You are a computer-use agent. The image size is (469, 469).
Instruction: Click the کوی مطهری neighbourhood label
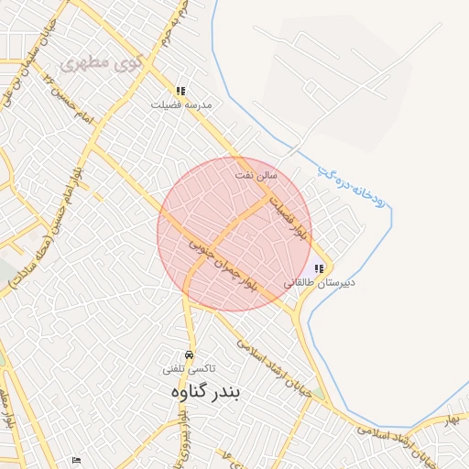pos(97,65)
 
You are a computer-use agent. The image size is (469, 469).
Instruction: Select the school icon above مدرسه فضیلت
pos(180,92)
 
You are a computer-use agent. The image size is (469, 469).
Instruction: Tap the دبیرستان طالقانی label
pos(319,283)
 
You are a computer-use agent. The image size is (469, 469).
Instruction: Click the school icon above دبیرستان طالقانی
pos(319,269)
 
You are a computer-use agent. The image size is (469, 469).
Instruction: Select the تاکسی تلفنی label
pos(190,368)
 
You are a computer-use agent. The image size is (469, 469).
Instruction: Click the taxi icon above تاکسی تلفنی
pos(190,354)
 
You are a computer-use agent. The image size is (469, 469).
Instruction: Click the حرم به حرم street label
pos(180,23)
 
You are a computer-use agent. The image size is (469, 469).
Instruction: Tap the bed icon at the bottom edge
pos(76,461)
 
